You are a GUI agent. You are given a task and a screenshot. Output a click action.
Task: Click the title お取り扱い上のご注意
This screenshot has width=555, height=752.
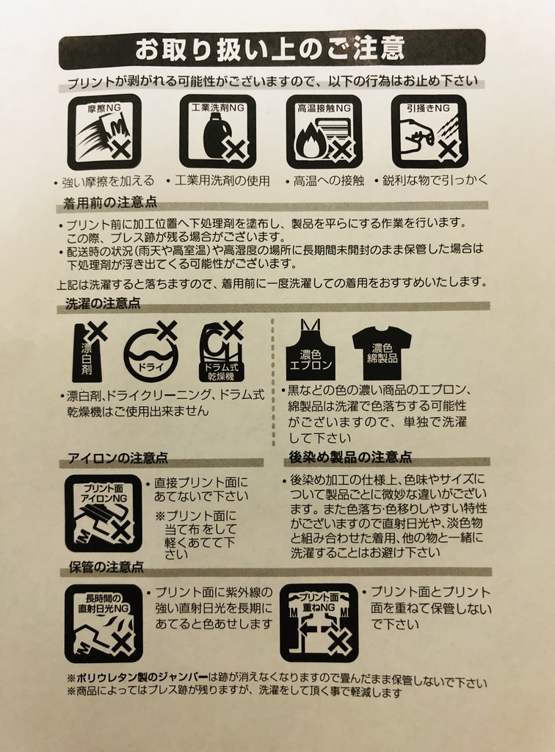[269, 49]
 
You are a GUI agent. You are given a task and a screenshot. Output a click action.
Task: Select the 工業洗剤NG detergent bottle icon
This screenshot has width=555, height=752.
[217, 131]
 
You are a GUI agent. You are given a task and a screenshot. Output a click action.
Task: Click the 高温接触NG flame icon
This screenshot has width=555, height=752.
[324, 131]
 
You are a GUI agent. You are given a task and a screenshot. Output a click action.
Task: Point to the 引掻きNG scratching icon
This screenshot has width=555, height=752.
[429, 131]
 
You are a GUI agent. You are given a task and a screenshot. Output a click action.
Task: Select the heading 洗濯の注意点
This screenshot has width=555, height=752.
[104, 303]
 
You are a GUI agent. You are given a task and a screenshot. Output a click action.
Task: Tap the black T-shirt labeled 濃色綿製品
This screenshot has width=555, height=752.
[382, 350]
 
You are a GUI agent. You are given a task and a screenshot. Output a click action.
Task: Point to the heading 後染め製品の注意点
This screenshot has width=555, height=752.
[350, 457]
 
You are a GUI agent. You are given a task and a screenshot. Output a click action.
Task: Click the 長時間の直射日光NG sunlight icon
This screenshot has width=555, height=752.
[103, 623]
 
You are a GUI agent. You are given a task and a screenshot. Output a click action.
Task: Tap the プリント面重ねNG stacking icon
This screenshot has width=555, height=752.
[319, 623]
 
